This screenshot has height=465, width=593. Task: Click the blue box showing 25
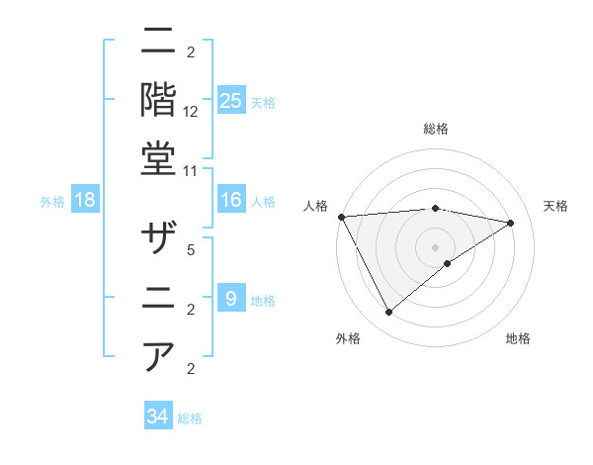(231, 100)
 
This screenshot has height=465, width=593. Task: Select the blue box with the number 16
(231, 200)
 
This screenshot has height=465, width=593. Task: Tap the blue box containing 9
(231, 298)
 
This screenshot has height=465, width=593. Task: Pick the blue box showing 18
(85, 200)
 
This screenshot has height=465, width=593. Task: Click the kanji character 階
(160, 99)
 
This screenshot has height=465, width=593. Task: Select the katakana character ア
(160, 354)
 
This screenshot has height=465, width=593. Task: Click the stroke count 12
(191, 112)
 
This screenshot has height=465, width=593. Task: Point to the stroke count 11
(191, 170)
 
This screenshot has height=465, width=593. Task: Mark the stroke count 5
(191, 250)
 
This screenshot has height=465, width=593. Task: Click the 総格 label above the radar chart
(436, 129)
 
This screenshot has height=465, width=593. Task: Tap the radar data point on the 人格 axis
(341, 216)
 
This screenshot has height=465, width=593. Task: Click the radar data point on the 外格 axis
(388, 313)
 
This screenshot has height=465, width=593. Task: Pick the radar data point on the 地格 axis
(448, 263)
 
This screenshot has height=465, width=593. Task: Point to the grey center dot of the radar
(435, 246)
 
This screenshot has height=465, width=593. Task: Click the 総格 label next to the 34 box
(190, 418)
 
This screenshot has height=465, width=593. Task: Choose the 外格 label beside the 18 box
(52, 202)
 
